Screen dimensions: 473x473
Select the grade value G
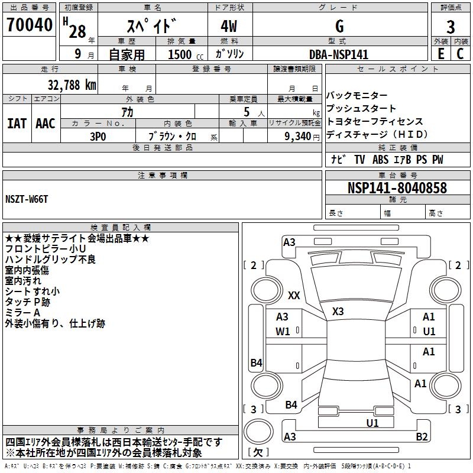339,26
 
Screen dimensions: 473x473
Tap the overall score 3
451,27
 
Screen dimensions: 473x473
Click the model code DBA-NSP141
339,54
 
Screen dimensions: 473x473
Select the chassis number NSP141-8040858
397,188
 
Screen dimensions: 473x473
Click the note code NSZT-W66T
27,199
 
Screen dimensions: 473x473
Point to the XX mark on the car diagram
294,295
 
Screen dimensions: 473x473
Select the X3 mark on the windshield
338,311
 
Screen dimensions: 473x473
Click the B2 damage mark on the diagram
422,436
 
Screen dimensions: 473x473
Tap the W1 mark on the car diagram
283,331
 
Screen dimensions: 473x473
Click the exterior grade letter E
440,53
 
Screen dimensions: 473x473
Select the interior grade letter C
460,53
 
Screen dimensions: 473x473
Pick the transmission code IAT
17,123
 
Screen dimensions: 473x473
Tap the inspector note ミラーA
22,312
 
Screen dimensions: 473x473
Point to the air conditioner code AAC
46,123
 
